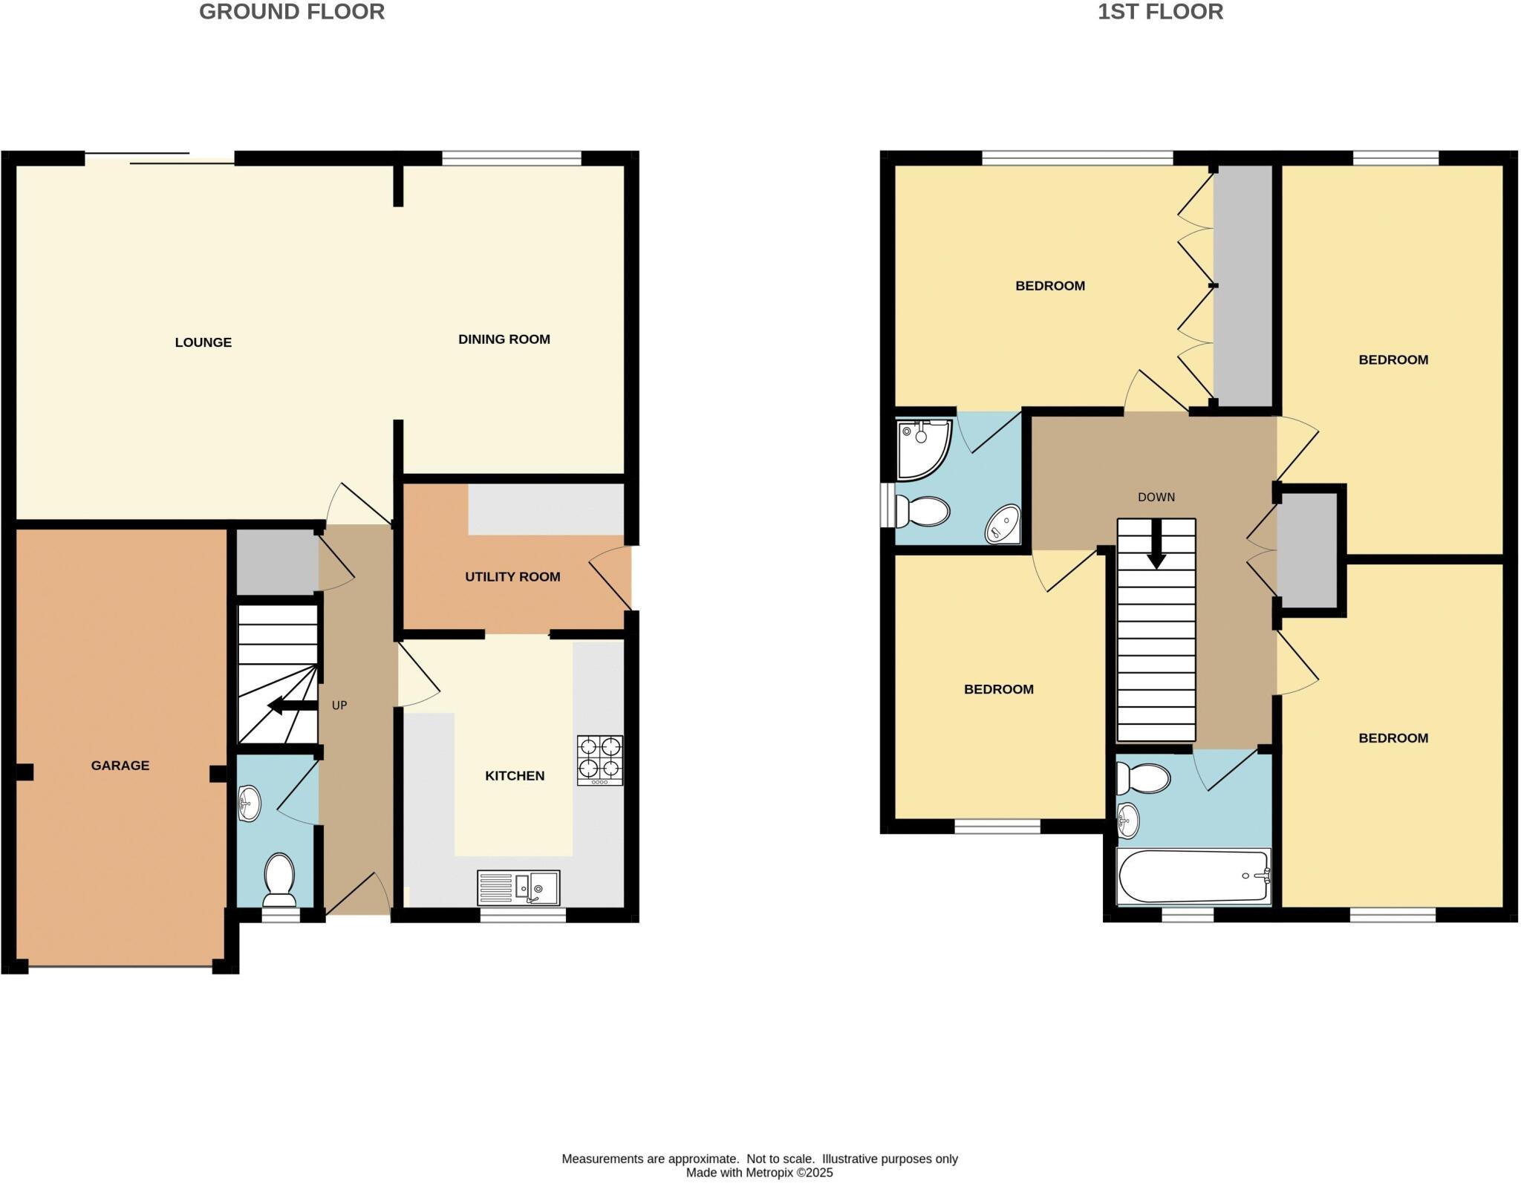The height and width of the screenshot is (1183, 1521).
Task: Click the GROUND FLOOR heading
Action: click(291, 12)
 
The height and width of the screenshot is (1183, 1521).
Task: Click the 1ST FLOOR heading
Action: click(1160, 12)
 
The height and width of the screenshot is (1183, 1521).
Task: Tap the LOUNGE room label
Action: click(203, 342)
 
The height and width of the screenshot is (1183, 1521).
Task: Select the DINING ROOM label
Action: click(504, 339)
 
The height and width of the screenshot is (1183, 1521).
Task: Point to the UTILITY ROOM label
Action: click(512, 577)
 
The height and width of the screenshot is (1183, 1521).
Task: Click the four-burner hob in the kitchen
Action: click(600, 760)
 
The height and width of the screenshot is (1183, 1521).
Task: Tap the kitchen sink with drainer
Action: click(518, 888)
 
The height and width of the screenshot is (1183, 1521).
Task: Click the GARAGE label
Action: click(120, 766)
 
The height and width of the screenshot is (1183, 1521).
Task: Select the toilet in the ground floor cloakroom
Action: click(279, 879)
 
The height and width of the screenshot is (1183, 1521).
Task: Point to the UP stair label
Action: click(339, 705)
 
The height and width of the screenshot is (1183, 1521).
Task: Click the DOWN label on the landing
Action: click(1156, 498)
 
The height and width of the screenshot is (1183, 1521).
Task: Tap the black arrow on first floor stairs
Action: click(1156, 546)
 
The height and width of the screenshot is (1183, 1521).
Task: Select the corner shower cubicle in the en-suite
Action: click(922, 449)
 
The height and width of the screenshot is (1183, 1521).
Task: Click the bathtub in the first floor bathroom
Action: click(1193, 876)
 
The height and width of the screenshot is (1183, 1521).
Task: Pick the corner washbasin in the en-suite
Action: click(1003, 524)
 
